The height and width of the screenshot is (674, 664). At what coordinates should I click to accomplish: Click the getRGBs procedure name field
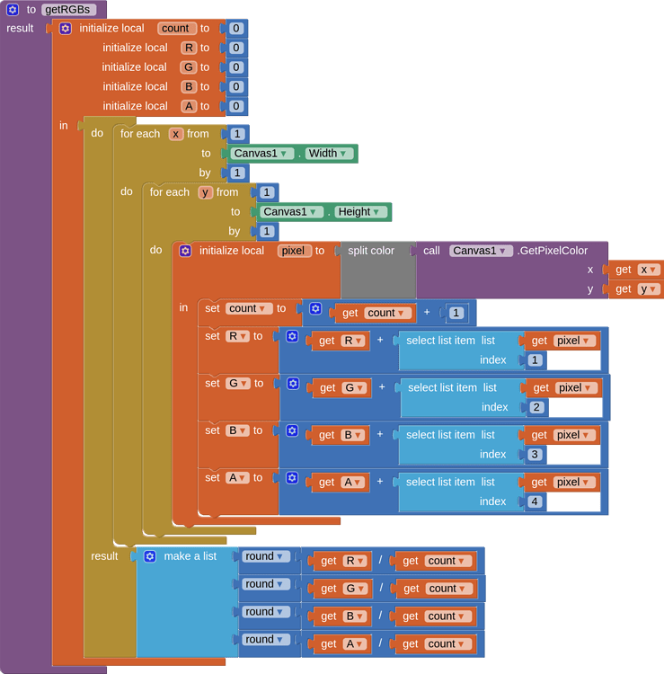click(68, 9)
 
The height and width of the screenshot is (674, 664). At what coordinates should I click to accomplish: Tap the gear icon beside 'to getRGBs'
click(13, 9)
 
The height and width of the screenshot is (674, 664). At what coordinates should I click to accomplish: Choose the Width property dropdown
click(328, 154)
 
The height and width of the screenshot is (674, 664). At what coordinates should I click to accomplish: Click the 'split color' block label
click(370, 251)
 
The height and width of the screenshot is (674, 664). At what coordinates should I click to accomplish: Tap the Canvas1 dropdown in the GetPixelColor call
click(481, 251)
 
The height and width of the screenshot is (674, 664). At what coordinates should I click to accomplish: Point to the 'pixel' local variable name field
click(295, 251)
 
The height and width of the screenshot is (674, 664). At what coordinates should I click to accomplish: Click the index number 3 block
click(535, 455)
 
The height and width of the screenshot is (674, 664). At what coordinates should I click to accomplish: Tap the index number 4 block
click(535, 501)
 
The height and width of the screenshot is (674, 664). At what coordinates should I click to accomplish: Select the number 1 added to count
click(456, 313)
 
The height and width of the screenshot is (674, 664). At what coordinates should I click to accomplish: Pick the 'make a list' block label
click(190, 556)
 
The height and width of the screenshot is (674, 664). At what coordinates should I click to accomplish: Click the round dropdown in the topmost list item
click(266, 556)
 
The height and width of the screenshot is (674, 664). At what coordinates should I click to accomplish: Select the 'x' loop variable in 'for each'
click(176, 134)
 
